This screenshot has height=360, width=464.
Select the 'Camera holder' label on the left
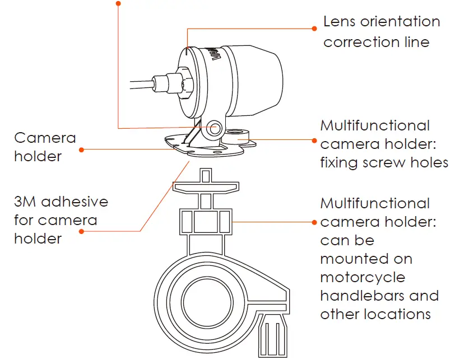point(45,147)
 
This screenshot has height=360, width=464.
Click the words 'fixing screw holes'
point(384,162)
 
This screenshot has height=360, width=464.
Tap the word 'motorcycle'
point(363,277)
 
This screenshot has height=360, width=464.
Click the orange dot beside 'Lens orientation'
point(314,27)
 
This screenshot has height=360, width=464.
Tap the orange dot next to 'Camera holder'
point(82,150)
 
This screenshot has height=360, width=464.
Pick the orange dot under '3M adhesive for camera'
point(82,231)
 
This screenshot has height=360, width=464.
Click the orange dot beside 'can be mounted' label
point(314,222)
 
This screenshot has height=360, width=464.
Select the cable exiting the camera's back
point(140,86)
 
